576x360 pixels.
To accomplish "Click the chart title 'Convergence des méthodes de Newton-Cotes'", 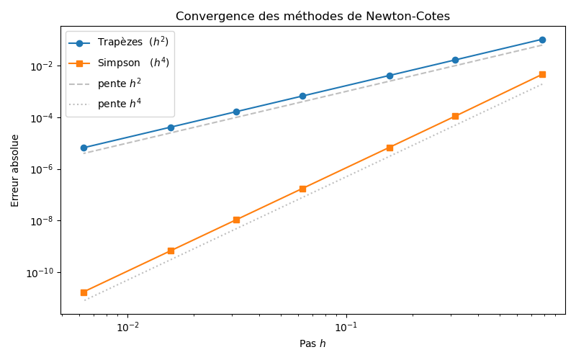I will (x=313, y=16).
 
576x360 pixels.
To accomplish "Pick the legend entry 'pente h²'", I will (x=120, y=84).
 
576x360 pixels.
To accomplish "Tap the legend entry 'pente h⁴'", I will (x=120, y=104).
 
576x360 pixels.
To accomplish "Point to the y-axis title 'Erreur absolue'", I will (x=15, y=170).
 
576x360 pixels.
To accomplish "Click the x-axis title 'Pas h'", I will (x=312, y=343).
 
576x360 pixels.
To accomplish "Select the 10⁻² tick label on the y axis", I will (x=40, y=66).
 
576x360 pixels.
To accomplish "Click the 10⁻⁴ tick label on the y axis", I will (x=40, y=118).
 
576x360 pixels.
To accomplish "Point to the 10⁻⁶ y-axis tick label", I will (x=40, y=170).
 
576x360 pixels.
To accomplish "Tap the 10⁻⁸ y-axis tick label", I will (x=40, y=221).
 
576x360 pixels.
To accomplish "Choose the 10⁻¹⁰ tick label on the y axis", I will (x=39, y=273).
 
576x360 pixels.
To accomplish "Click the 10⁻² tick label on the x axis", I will (x=127, y=326).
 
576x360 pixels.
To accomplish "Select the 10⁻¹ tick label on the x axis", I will (x=346, y=326).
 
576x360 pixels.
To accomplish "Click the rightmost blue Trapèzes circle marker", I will (x=542, y=40).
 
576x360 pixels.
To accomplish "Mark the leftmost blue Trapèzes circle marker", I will (x=84, y=148).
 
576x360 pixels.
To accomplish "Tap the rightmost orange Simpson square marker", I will (x=542, y=74).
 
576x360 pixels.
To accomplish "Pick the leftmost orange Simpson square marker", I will (x=84, y=292).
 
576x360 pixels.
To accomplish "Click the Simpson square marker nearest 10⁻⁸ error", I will (x=236, y=220).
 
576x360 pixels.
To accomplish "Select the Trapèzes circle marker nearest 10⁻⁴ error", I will (x=236, y=112).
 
